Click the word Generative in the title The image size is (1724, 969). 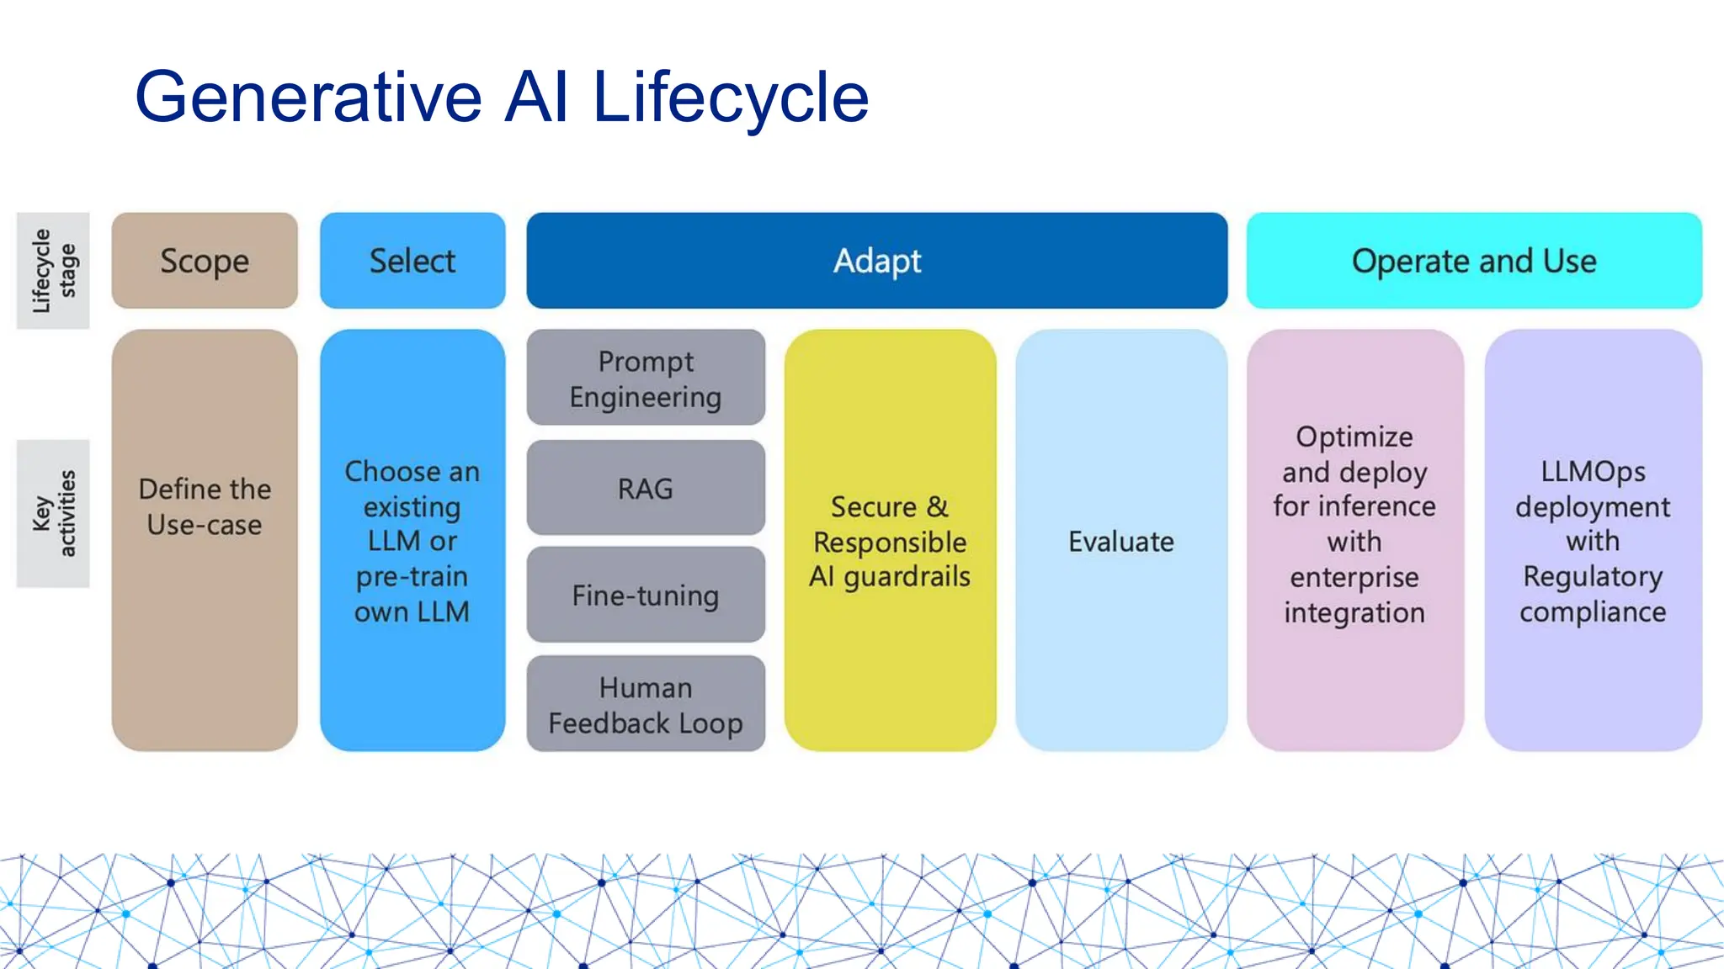[308, 98]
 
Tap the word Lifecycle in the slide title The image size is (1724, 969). [730, 98]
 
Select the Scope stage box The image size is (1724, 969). [205, 261]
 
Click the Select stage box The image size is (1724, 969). [412, 261]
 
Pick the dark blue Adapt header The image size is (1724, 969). [876, 261]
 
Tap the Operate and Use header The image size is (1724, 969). [1473, 261]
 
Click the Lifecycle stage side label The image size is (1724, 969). [53, 270]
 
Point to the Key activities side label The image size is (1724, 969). [53, 513]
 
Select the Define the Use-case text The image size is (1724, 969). [205, 506]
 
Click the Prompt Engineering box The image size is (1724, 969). [646, 379]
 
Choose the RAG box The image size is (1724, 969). [646, 489]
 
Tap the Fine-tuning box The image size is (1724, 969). [646, 596]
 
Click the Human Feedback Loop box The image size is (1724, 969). [646, 705]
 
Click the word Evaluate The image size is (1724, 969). [1120, 542]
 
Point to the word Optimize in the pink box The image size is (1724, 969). [1354, 437]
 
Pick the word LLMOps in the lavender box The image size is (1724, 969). [1593, 471]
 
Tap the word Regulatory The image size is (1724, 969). [1593, 577]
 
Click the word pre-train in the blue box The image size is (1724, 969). [412, 577]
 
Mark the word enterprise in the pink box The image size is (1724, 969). [1354, 577]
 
